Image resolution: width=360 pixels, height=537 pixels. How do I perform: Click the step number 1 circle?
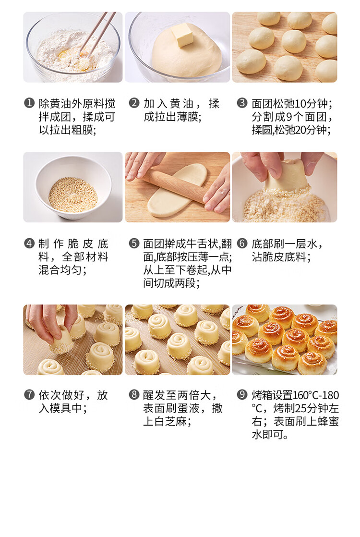click(29, 103)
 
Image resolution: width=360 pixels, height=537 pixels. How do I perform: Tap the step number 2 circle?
click(134, 103)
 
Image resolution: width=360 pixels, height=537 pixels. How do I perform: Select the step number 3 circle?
click(242, 103)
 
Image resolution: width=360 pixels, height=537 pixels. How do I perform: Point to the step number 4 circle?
click(29, 244)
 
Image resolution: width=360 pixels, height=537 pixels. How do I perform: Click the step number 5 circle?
click(134, 244)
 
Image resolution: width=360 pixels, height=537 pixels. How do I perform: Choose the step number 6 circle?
click(242, 244)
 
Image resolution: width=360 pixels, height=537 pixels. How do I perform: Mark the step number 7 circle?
click(29, 395)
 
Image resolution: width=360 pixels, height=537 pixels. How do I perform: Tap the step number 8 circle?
click(134, 395)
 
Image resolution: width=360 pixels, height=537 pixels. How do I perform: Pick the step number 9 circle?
click(242, 395)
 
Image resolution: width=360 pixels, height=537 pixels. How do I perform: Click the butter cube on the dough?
click(183, 35)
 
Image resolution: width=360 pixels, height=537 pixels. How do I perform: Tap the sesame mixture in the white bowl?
click(73, 195)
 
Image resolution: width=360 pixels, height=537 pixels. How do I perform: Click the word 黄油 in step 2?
click(181, 103)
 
